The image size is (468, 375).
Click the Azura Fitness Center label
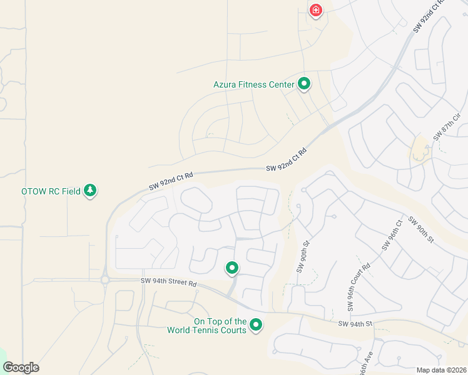click(253, 84)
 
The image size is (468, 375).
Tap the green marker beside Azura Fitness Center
click(304, 83)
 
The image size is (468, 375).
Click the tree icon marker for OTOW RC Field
click(90, 190)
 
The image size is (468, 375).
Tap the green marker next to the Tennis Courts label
click(256, 325)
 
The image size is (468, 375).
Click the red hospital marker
click(315, 10)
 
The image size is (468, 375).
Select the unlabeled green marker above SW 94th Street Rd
click(232, 268)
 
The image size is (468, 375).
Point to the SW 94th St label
click(355, 324)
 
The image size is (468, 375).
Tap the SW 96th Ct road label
click(390, 236)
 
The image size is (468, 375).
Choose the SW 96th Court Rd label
click(359, 287)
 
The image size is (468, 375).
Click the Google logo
click(21, 367)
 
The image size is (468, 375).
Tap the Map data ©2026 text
click(440, 369)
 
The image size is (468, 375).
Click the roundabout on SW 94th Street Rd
click(104, 280)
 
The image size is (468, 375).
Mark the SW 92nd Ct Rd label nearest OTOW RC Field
click(170, 182)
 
